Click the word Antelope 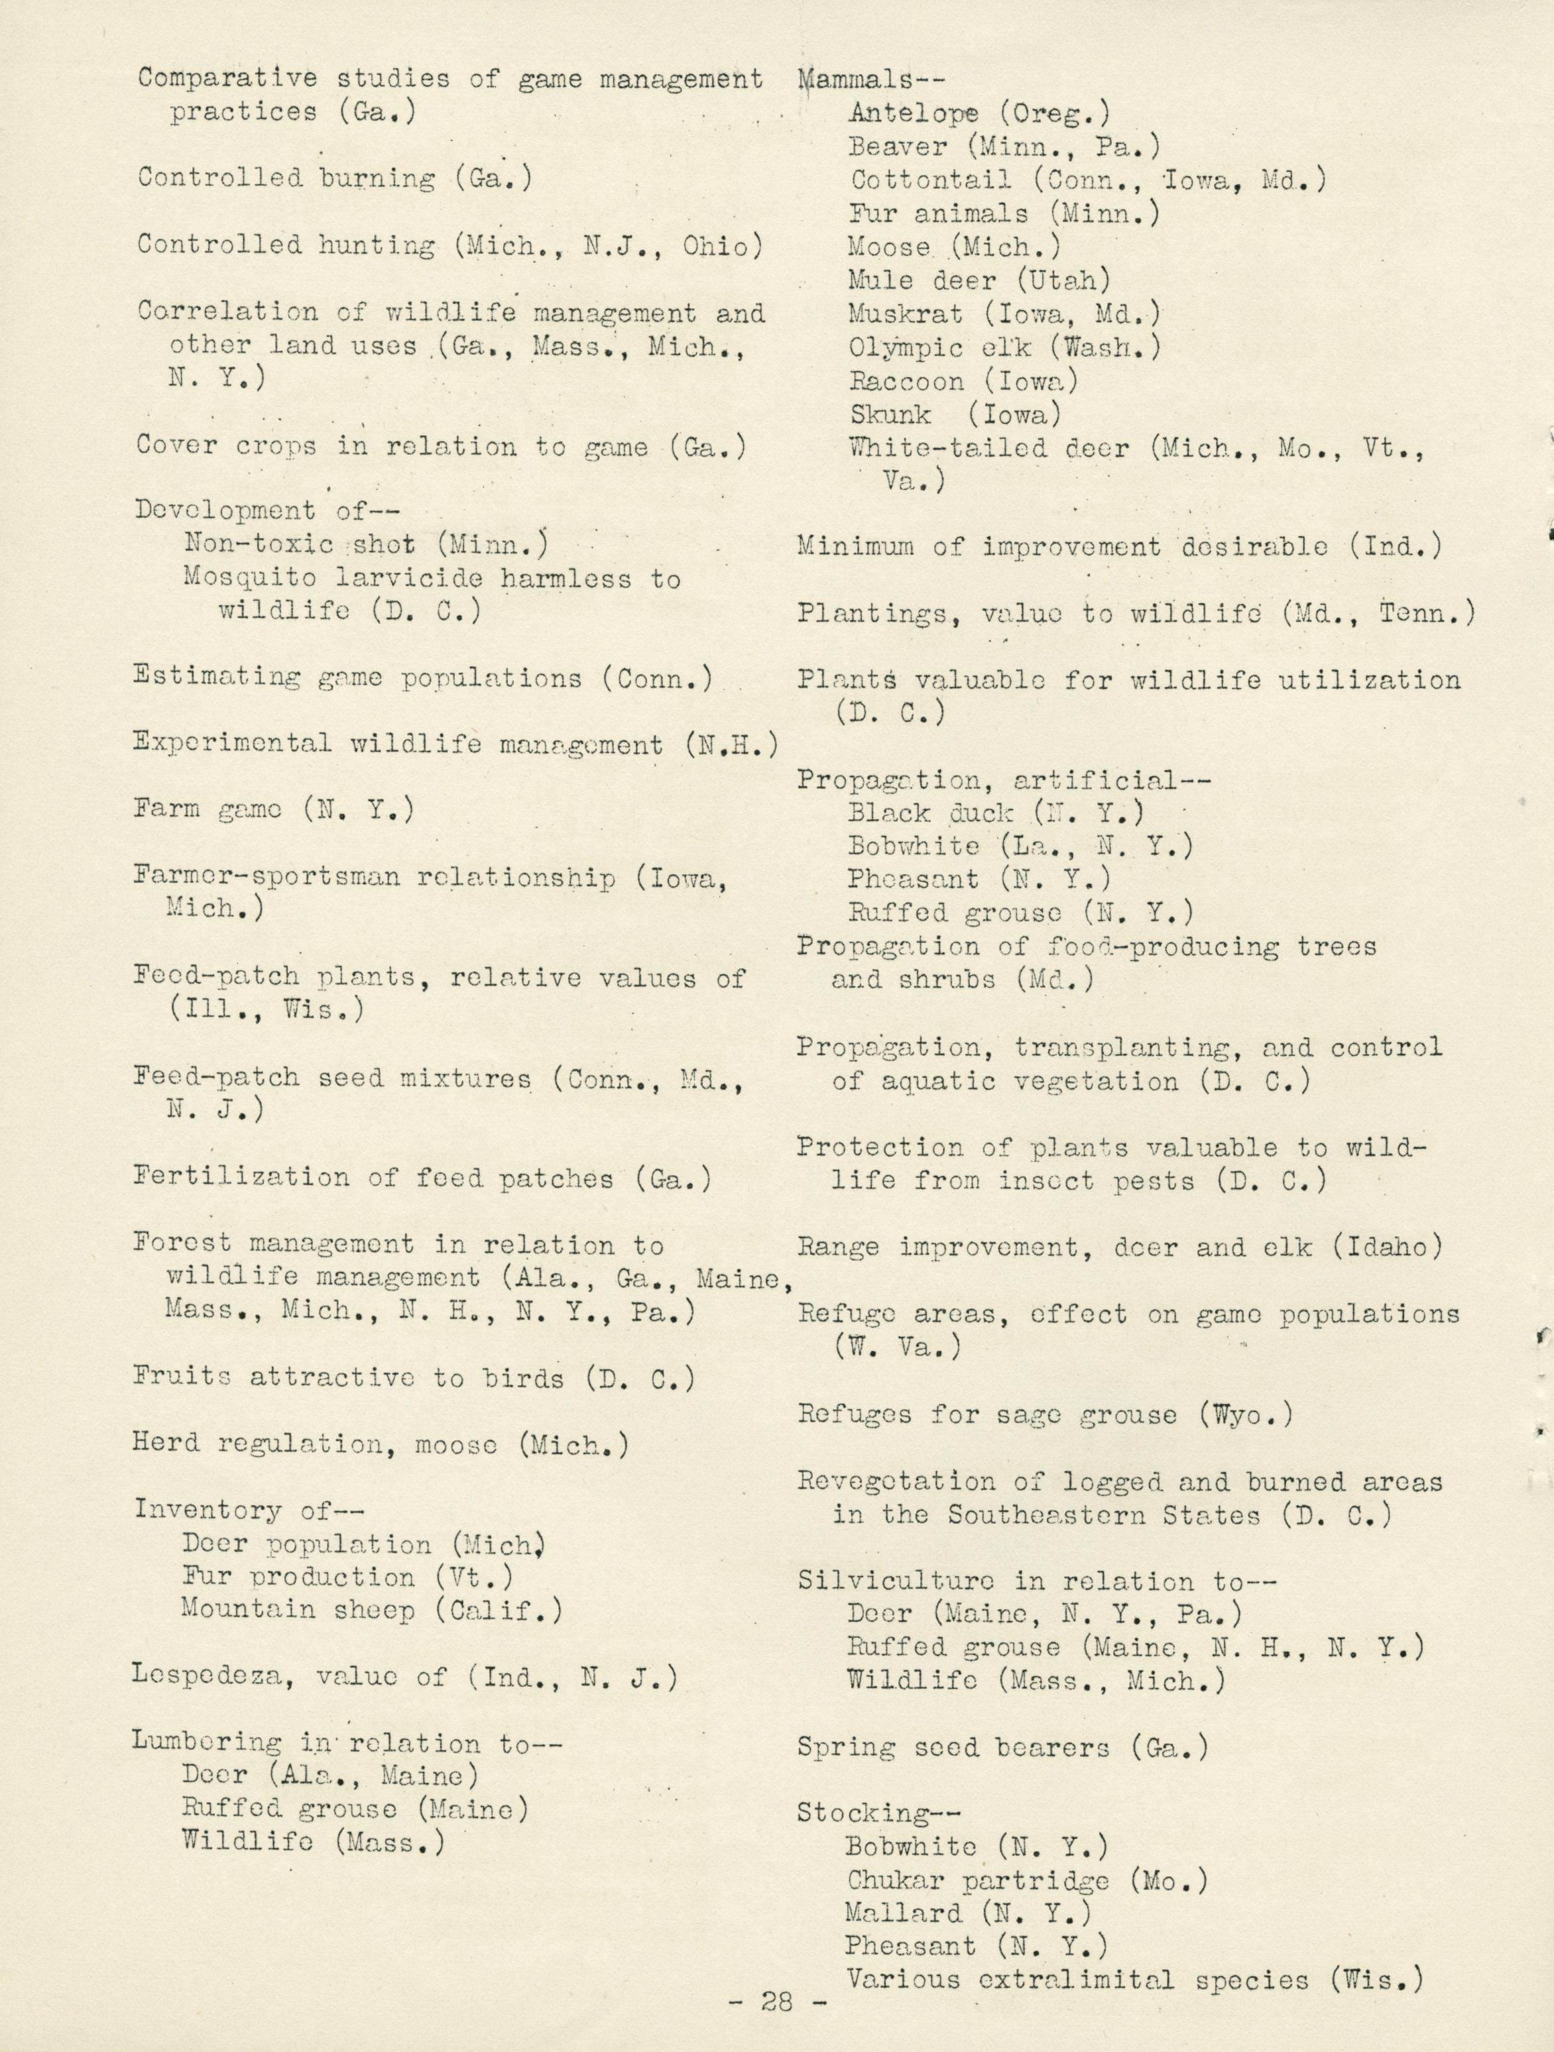click(x=913, y=113)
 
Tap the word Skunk click(x=890, y=415)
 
